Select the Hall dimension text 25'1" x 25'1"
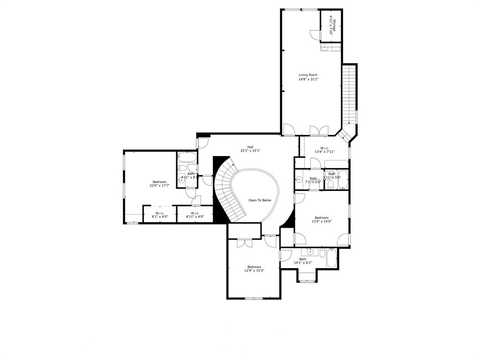(x=250, y=150)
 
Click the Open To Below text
(x=260, y=200)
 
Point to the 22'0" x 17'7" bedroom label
(x=159, y=184)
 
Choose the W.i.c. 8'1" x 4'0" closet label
(x=159, y=215)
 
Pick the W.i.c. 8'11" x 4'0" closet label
(x=195, y=215)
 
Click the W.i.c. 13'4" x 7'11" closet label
(x=324, y=150)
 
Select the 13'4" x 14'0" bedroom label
(x=322, y=220)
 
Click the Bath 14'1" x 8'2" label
(x=303, y=261)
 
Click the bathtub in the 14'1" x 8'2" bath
(x=331, y=259)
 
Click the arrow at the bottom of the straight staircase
(x=349, y=121)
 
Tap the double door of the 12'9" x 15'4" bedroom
(x=244, y=243)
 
